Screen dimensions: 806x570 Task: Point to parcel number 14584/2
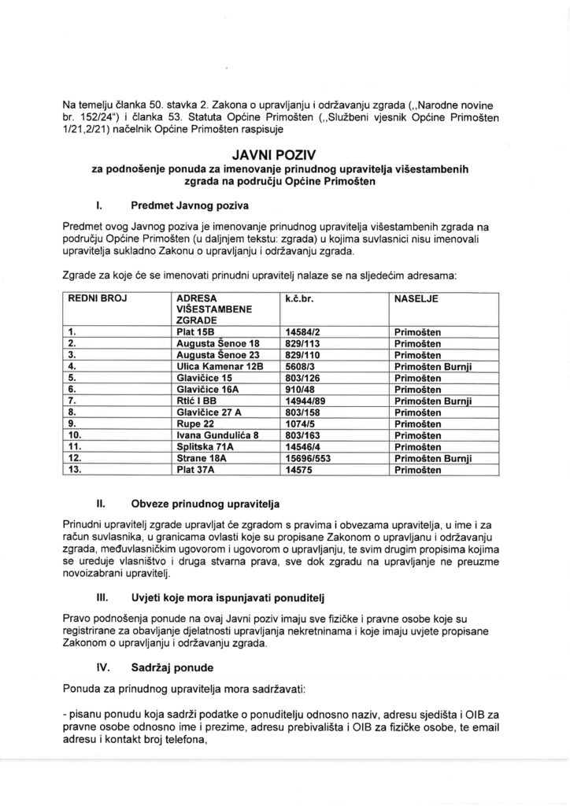click(x=304, y=333)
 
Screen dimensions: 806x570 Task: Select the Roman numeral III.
click(x=102, y=598)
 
